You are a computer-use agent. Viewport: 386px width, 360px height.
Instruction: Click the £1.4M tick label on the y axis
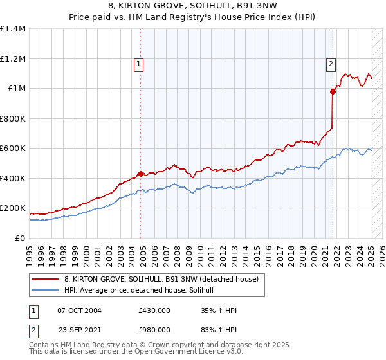tap(13, 29)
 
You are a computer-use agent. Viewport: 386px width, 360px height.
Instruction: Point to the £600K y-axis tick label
tap(13, 148)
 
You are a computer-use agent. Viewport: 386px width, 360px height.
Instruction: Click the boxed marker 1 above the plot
tap(138, 64)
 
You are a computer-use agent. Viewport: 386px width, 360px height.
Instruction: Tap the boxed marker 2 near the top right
tap(331, 64)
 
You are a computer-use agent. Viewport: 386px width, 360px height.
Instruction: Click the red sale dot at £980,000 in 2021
tap(333, 91)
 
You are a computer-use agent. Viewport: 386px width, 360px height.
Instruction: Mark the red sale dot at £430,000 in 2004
tap(140, 174)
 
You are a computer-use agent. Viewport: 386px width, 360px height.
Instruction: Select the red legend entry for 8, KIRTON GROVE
tap(161, 279)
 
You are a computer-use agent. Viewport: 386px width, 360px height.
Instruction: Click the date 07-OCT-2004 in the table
tap(79, 310)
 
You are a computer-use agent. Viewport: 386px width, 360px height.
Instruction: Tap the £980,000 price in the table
tap(154, 328)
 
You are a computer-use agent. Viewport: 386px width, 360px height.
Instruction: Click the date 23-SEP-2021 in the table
tap(79, 328)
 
